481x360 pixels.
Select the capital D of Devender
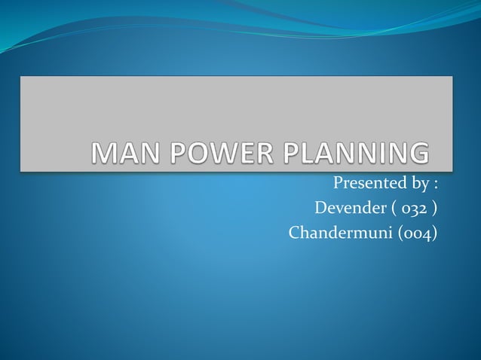pyautogui.click(x=320, y=208)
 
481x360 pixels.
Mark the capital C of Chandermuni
pyautogui.click(x=295, y=233)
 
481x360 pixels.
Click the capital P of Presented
pyautogui.click(x=338, y=182)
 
